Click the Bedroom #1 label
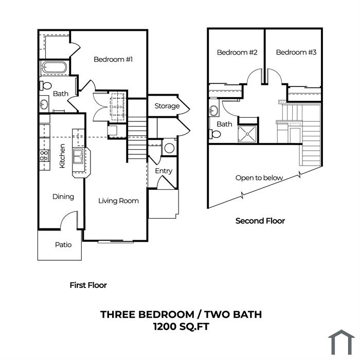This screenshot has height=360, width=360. pyautogui.click(x=113, y=60)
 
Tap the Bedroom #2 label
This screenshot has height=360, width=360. pyautogui.click(x=237, y=52)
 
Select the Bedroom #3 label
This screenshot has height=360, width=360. pyautogui.click(x=296, y=52)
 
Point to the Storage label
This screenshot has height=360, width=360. pyautogui.click(x=167, y=106)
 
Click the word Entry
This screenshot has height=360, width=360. pyautogui.click(x=164, y=171)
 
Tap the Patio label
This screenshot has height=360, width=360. pyautogui.click(x=63, y=245)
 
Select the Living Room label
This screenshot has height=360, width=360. pyautogui.click(x=118, y=201)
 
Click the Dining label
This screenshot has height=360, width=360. pyautogui.click(x=63, y=197)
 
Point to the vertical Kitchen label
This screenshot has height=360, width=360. pyautogui.click(x=62, y=156)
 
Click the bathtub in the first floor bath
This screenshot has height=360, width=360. pyautogui.click(x=54, y=67)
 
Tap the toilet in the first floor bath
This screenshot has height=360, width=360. pyautogui.click(x=46, y=86)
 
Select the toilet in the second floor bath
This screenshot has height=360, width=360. pyautogui.click(x=215, y=134)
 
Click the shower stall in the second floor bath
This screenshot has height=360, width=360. pyautogui.click(x=247, y=134)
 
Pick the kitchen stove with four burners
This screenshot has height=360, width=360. pyautogui.click(x=44, y=156)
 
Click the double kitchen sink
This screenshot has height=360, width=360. pyautogui.click(x=78, y=156)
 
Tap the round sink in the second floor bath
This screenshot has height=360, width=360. pyautogui.click(x=214, y=111)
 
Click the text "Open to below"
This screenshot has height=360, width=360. pyautogui.click(x=259, y=178)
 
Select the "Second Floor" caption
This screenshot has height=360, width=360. pyautogui.click(x=260, y=221)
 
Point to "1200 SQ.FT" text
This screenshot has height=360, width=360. pyautogui.click(x=181, y=326)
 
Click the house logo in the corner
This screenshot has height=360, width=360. pyautogui.click(x=341, y=342)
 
